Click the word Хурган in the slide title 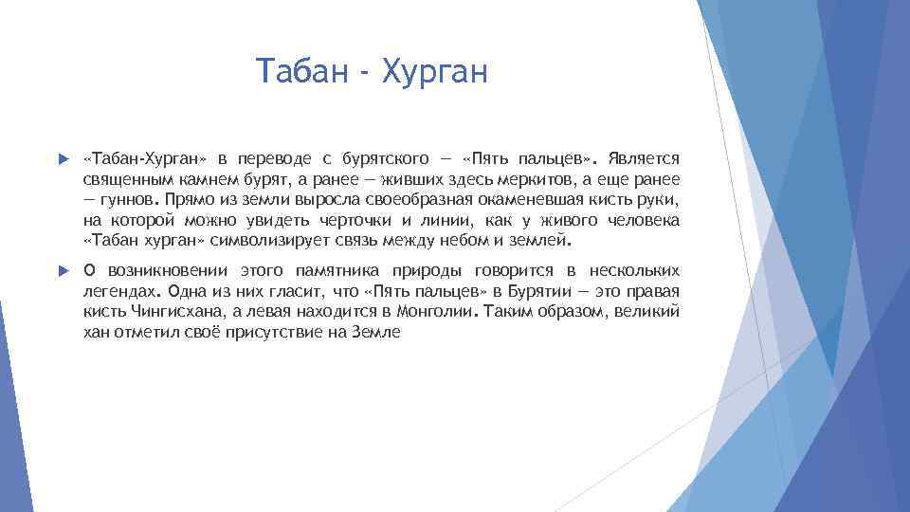coord(434,71)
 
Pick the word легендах coord(115,292)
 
